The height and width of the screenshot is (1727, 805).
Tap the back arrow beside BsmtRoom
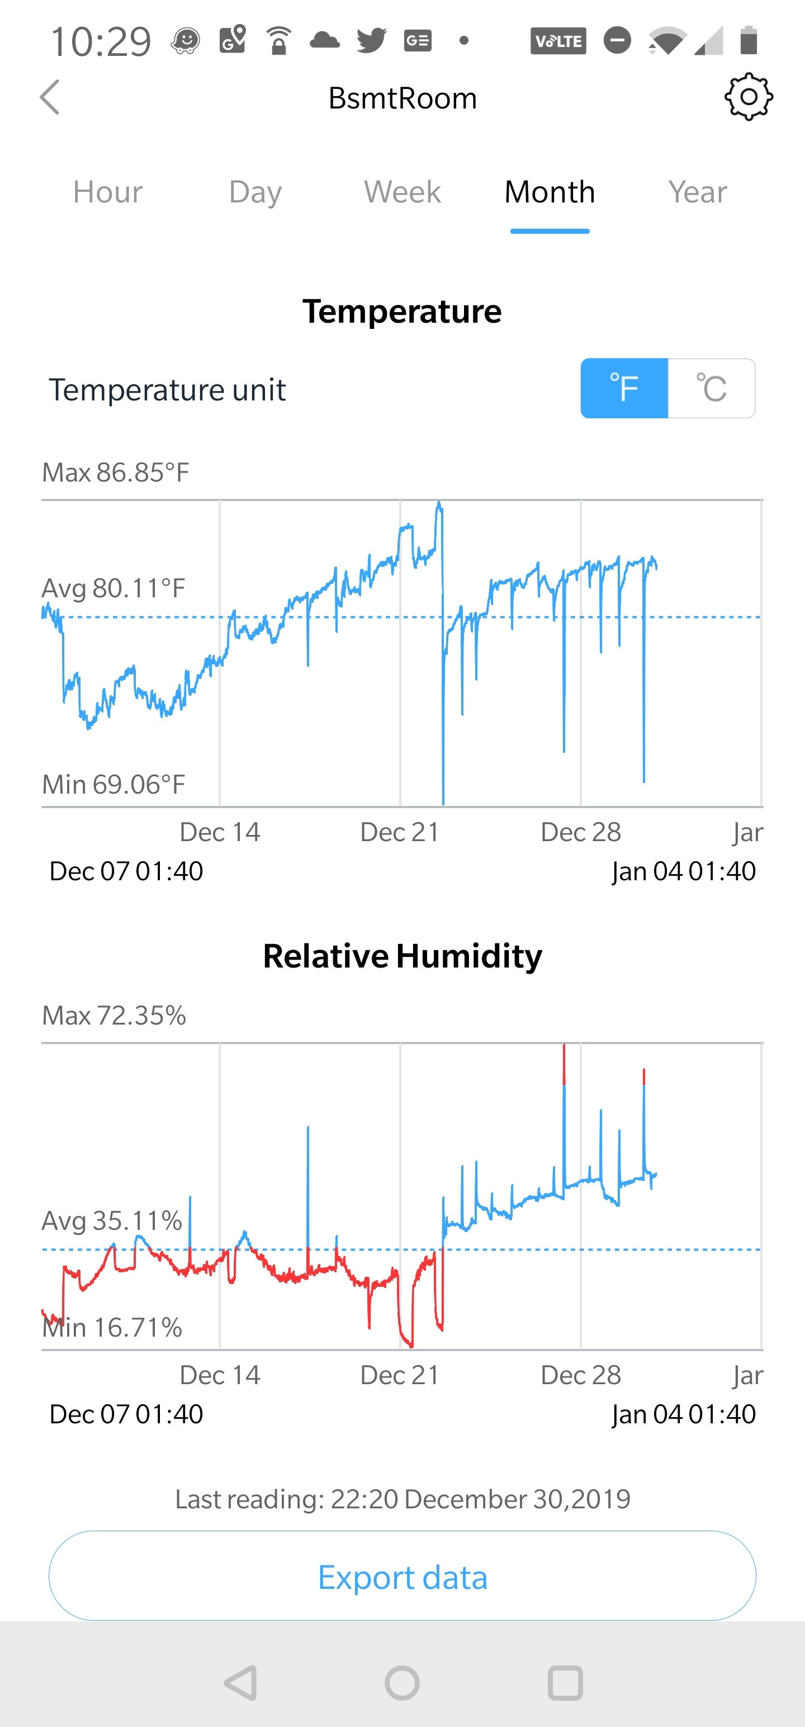coord(50,98)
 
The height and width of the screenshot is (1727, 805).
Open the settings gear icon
coord(748,97)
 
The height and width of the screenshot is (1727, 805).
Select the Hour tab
coord(108,192)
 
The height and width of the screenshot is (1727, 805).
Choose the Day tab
coord(255,192)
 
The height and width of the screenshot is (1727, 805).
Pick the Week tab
coord(402,192)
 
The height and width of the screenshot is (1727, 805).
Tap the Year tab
coord(697,192)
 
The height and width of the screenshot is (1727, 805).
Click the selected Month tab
coord(550,192)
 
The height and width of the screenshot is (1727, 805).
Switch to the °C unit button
coord(711,388)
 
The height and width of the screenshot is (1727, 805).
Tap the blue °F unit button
coord(624,388)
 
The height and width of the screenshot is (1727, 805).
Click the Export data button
coord(402,1577)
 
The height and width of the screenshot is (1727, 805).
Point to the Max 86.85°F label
coord(116,473)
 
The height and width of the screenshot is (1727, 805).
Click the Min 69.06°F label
coord(114,785)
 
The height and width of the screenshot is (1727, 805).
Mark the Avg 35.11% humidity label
coord(112,1221)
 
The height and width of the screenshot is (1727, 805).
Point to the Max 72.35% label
coord(114,1016)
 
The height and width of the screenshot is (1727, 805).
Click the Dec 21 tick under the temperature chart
coord(400,832)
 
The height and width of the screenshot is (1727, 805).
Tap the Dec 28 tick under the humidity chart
coord(580,1375)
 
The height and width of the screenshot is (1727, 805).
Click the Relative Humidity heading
coord(402,956)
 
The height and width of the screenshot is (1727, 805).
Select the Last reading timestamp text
coord(402,1499)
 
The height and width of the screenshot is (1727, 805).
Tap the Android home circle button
coord(402,1683)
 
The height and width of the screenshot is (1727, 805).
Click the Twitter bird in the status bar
coord(371,40)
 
